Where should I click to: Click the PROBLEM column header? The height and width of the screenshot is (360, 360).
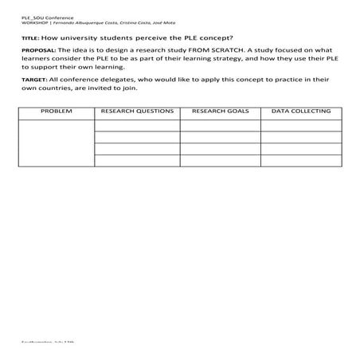[x=56, y=112]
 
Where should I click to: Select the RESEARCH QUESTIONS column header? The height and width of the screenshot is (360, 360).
[x=137, y=112]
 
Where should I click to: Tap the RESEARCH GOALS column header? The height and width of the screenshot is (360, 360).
[x=220, y=112]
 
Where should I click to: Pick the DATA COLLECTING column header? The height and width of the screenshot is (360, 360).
[x=301, y=112]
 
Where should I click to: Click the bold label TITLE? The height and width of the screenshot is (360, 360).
[x=29, y=37]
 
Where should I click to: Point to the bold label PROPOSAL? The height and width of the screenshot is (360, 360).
[x=37, y=49]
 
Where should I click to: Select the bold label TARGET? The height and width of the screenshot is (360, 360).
[x=33, y=80]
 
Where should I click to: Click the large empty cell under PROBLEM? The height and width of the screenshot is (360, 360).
[x=56, y=143]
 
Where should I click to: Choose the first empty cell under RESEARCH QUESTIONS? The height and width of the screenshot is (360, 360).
[x=137, y=125]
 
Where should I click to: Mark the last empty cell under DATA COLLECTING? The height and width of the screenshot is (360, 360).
[x=301, y=160]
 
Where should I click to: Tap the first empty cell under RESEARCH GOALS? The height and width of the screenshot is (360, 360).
[x=220, y=125]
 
